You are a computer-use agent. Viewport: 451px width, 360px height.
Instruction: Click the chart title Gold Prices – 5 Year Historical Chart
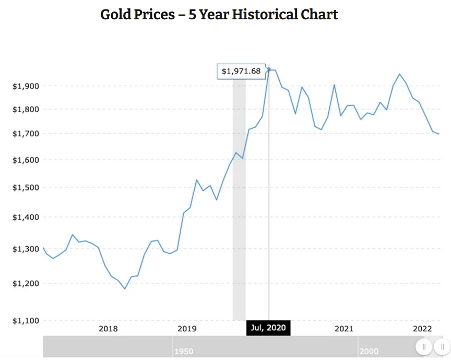pos(219,14)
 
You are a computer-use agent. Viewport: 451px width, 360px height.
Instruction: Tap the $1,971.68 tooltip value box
pos(241,71)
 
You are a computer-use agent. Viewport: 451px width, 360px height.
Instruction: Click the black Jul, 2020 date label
pos(268,328)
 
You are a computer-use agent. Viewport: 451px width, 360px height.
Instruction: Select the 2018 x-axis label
pos(108,329)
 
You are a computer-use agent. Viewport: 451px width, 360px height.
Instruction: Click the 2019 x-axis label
pos(187,329)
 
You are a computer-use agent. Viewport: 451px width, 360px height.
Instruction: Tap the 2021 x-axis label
pos(344,329)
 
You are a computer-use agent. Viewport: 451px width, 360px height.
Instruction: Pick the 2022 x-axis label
pos(422,329)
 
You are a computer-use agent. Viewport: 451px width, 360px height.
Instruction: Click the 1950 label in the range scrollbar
pos(184,351)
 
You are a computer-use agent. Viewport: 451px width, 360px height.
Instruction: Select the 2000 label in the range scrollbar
pos(369,351)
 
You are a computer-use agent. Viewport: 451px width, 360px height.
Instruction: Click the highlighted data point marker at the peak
pos(269,69)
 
